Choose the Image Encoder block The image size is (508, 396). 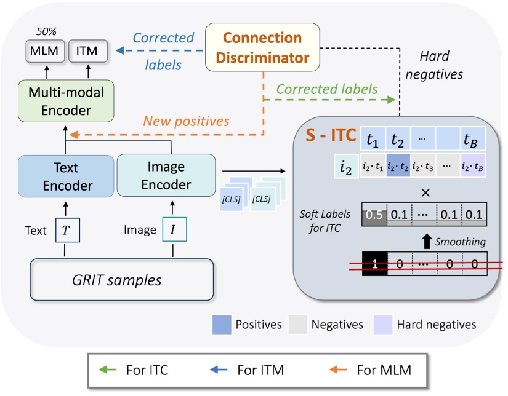tap(166, 177)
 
